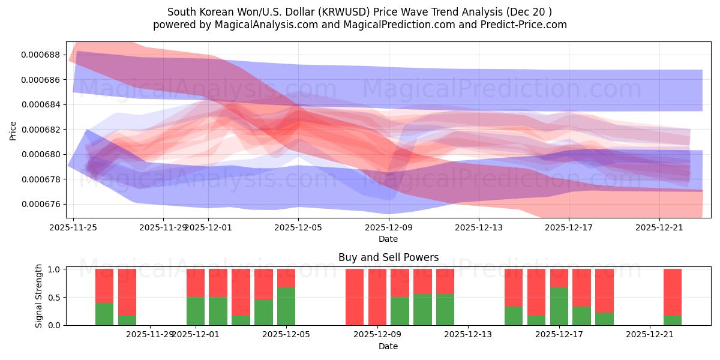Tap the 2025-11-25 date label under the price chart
tap(73, 227)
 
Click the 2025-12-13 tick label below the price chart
tap(478, 227)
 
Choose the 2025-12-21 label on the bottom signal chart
tap(650, 334)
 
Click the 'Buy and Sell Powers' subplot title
tap(388, 257)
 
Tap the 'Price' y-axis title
tap(13, 130)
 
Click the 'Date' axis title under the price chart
tap(388, 239)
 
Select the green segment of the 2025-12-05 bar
tap(286, 306)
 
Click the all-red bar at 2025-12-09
tap(377, 297)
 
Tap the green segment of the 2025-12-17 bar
tap(559, 306)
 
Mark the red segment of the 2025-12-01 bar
tap(196, 283)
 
